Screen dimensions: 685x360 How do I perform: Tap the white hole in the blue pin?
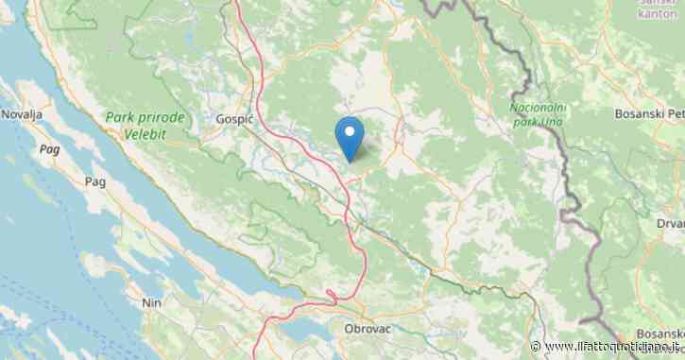point(351,131)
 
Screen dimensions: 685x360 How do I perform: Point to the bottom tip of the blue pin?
point(351,161)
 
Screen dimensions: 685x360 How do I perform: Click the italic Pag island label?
point(48,148)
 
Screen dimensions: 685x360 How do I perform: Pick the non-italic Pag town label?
point(94,180)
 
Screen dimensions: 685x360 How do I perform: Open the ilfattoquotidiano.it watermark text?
point(615,347)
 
